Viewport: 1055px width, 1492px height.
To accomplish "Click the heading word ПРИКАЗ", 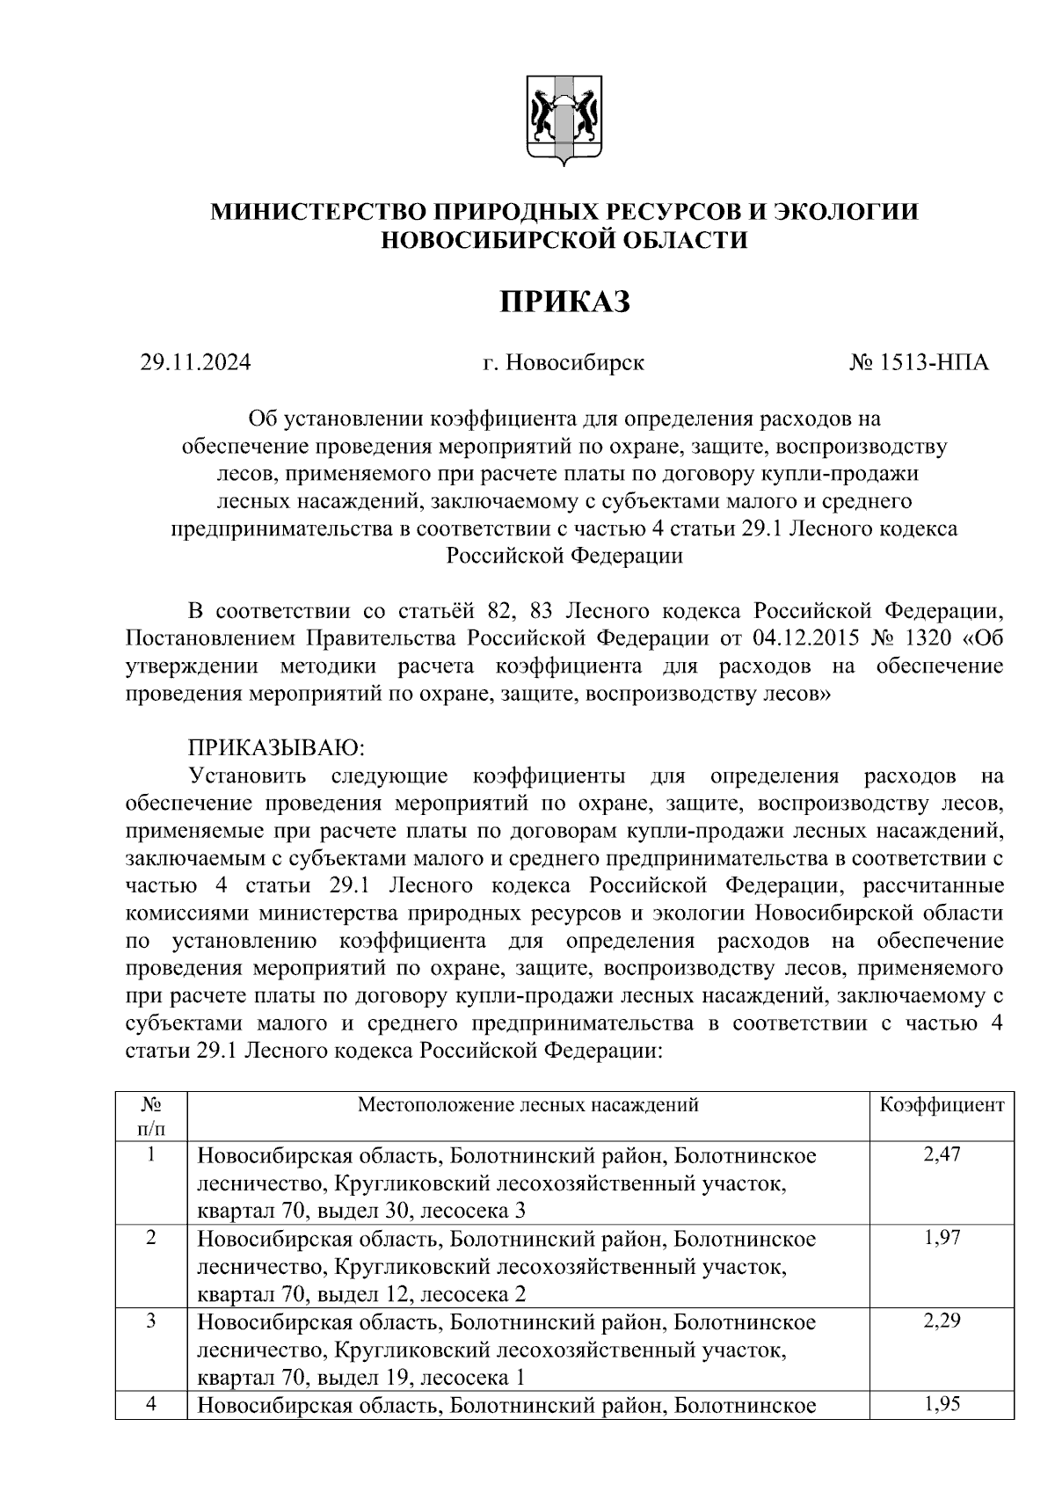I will coord(565,302).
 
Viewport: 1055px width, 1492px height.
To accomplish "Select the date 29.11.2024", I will coord(195,362).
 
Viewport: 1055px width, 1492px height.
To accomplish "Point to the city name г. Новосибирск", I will coord(564,362).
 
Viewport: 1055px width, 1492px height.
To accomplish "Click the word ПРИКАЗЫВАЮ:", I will coord(276,748).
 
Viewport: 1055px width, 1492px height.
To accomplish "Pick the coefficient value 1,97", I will coord(942,1238).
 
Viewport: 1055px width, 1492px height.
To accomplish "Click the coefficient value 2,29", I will coord(942,1321).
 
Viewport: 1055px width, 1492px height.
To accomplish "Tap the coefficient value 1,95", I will coord(942,1404).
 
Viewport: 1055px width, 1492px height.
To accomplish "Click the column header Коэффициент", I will coord(942,1105).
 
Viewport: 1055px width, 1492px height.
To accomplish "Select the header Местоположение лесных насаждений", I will coord(527,1105).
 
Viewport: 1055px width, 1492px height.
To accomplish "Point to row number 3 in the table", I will coord(151,1321).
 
